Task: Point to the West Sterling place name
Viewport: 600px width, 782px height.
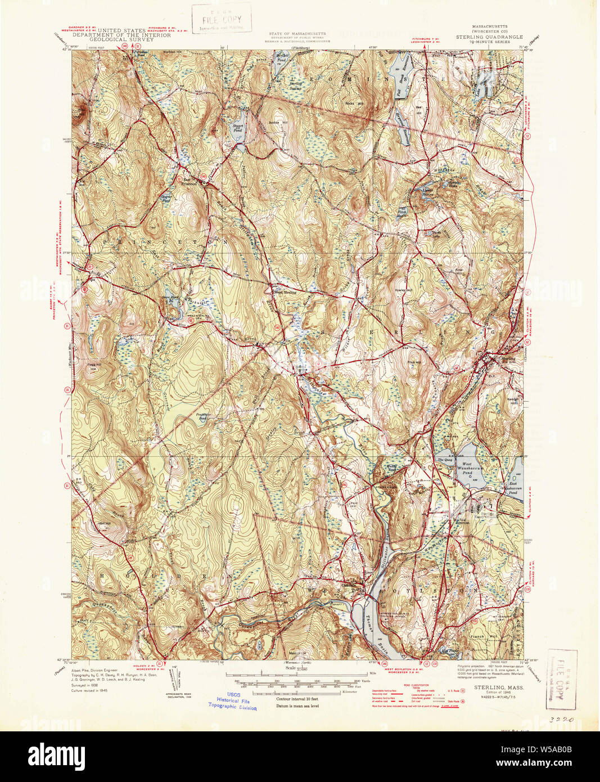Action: [x=284, y=293]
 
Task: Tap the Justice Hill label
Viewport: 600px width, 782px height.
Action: [x=274, y=122]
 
